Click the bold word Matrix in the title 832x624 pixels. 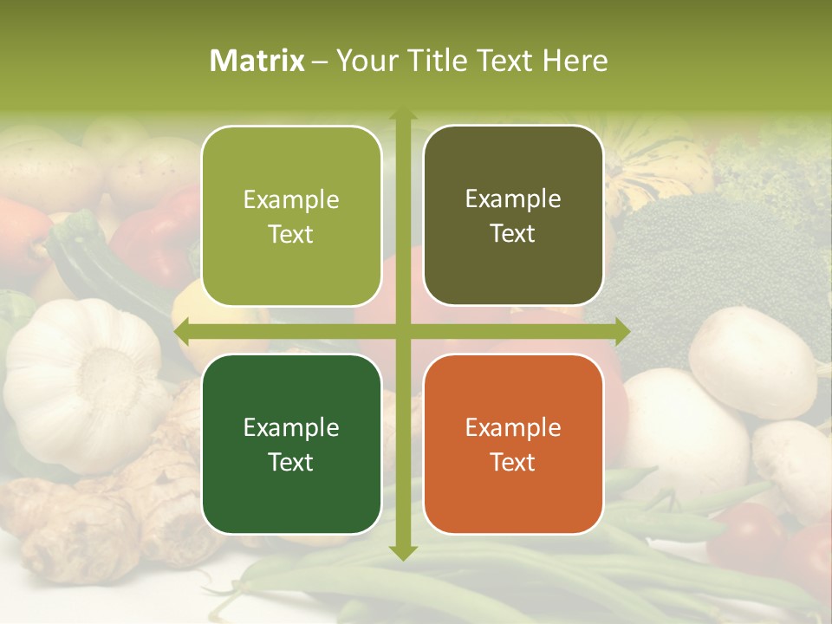(x=257, y=61)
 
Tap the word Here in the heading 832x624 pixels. (x=575, y=61)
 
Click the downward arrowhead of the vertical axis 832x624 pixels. (x=403, y=552)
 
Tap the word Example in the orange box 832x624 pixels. (x=513, y=427)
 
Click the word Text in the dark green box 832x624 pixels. (x=291, y=462)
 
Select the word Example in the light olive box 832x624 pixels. (x=291, y=199)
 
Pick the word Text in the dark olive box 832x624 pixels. (x=513, y=234)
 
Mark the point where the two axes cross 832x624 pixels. (x=403, y=331)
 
